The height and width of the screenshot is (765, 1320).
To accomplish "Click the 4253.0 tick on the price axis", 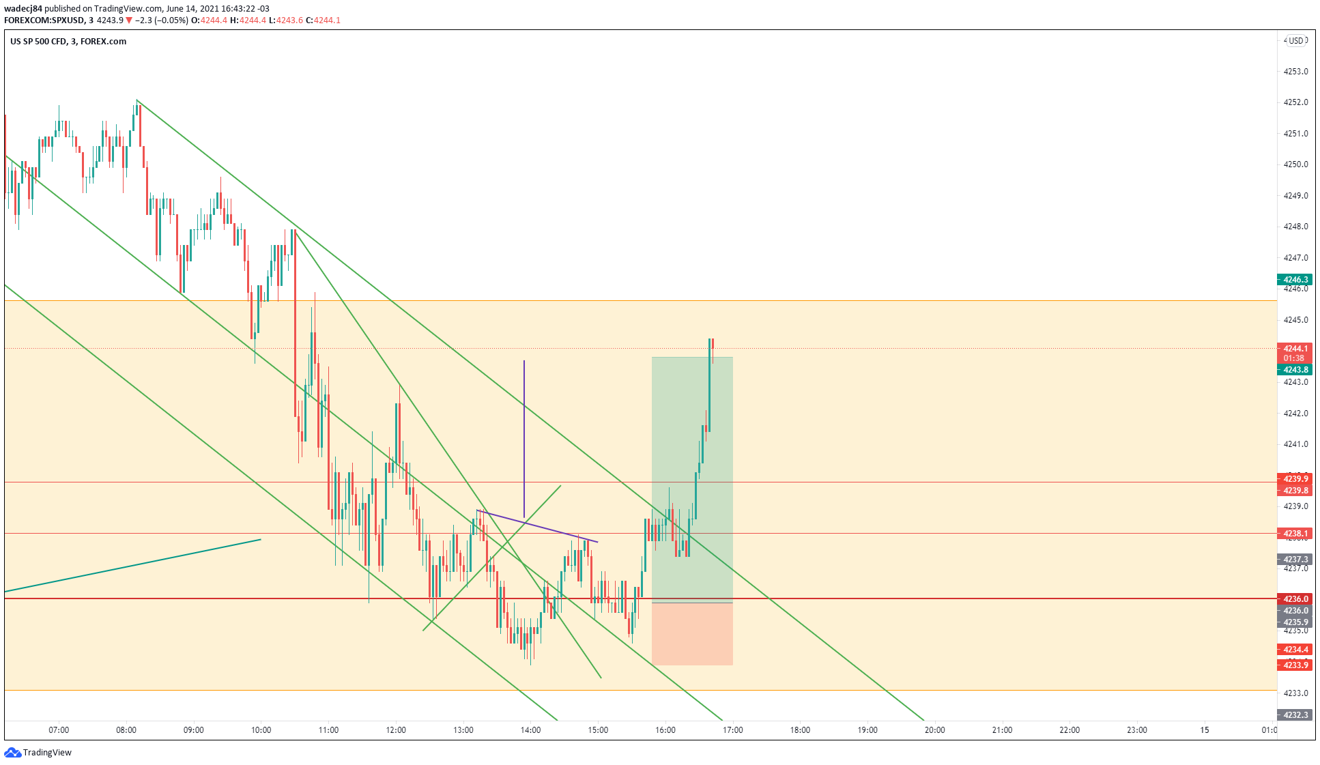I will (x=1295, y=71).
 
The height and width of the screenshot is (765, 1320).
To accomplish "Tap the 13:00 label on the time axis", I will (x=463, y=730).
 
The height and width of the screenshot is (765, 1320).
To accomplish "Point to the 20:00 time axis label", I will (x=934, y=730).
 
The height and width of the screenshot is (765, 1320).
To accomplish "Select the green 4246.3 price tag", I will (x=1295, y=280).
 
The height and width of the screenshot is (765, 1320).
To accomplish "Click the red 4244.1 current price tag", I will (x=1295, y=349).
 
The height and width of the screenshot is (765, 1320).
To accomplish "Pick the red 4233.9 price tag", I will (x=1295, y=665).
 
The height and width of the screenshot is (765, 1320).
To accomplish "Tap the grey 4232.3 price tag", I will (x=1295, y=715).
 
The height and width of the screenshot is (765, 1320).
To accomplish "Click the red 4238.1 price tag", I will (x=1295, y=534).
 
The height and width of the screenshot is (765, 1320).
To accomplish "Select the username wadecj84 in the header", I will (x=23, y=9).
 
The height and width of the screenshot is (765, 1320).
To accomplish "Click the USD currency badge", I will (x=1295, y=41).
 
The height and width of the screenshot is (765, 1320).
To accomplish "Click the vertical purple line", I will (x=524, y=437).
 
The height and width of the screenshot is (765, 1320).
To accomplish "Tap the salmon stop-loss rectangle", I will (x=692, y=634).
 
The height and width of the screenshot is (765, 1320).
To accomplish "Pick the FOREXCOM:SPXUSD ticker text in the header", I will (x=44, y=20).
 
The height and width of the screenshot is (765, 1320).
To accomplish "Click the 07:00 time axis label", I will (x=59, y=730).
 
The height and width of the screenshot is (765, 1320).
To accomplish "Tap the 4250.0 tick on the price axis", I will (x=1295, y=164).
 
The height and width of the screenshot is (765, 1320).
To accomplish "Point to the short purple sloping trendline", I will (x=537, y=526).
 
